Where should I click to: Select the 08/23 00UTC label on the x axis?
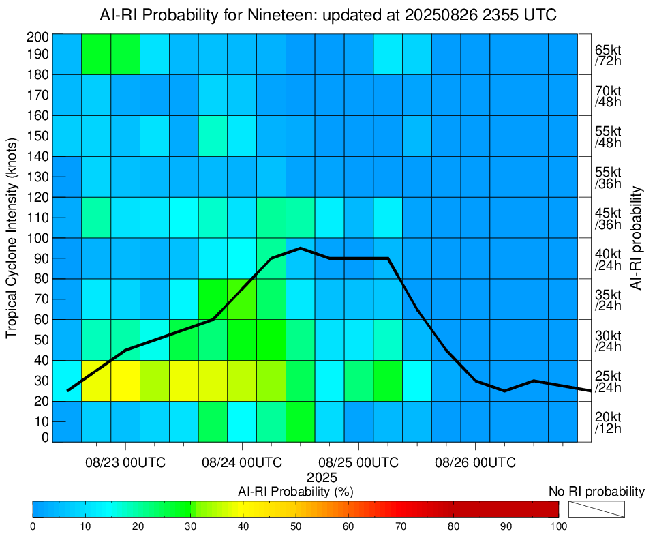[x=125, y=462]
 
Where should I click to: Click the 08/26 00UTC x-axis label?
[x=475, y=462]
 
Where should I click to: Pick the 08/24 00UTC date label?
[x=242, y=462]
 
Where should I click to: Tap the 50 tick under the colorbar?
[x=296, y=526]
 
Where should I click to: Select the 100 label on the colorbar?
[x=558, y=526]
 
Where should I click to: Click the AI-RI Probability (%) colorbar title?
[x=295, y=491]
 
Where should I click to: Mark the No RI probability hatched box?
[x=596, y=509]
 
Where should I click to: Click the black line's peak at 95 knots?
[x=301, y=248]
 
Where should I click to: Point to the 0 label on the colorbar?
[x=33, y=526]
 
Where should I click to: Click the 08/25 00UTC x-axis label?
[x=359, y=462]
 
